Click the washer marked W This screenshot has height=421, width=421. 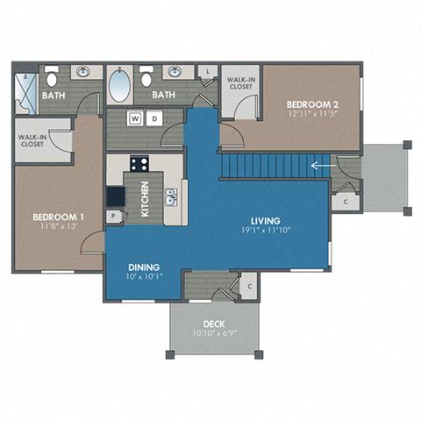[x=136, y=118]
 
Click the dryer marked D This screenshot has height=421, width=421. [x=153, y=118]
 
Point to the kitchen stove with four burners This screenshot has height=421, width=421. [x=139, y=163]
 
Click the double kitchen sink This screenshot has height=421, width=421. [x=172, y=195]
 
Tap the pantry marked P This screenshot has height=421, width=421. [x=113, y=216]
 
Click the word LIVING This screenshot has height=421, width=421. [x=265, y=221]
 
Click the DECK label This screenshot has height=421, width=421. [x=214, y=323]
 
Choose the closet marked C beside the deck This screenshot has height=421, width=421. [x=248, y=285]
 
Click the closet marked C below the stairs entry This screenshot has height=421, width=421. [x=346, y=202]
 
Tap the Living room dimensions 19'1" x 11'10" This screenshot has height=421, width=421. [x=265, y=232]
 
